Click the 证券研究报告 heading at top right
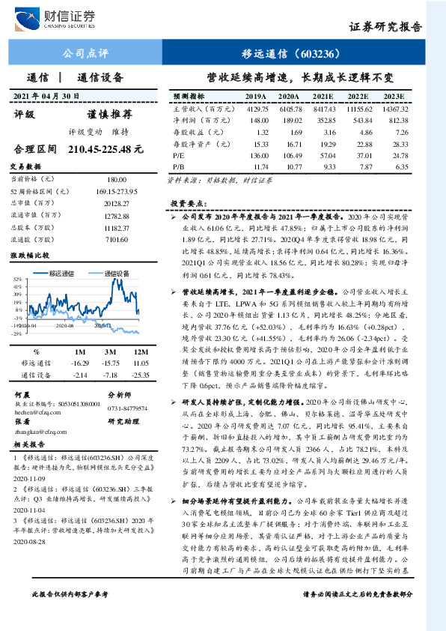click(x=385, y=26)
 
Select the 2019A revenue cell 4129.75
click(x=256, y=109)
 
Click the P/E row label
click(x=180, y=154)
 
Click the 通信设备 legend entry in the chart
click(x=111, y=274)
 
